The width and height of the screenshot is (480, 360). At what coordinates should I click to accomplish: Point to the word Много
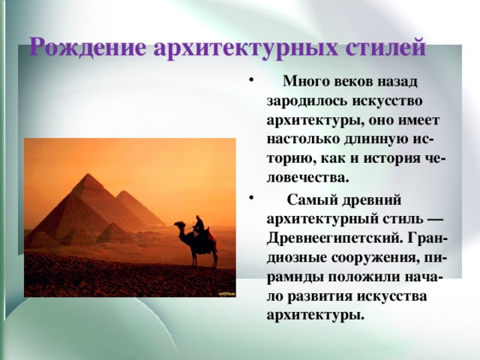(x=304, y=81)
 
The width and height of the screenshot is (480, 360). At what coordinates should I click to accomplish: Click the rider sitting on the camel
(x=199, y=226)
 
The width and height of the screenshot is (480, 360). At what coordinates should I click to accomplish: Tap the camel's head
(x=178, y=223)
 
